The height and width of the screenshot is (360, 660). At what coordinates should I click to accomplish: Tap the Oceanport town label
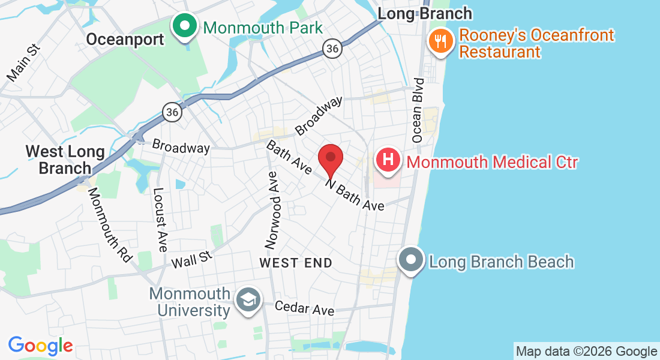click(125, 40)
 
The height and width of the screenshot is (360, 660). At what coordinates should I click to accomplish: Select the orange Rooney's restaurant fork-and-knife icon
click(441, 41)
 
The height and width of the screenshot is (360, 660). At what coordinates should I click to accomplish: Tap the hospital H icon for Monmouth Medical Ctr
click(388, 161)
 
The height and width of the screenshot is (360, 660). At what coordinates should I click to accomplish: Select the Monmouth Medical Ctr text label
click(492, 162)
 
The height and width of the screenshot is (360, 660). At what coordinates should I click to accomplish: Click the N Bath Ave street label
click(355, 194)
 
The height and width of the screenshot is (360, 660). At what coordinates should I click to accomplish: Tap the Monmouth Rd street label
click(109, 224)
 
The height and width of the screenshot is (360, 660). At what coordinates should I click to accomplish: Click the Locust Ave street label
click(160, 220)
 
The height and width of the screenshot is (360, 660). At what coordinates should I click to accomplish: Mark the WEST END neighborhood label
click(296, 263)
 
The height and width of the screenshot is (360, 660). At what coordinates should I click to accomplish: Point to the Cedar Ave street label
click(304, 308)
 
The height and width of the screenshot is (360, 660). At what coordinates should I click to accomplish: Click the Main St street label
click(22, 62)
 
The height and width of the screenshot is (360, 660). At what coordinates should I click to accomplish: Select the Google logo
click(41, 346)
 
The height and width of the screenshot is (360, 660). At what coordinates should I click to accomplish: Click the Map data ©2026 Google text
click(586, 352)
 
